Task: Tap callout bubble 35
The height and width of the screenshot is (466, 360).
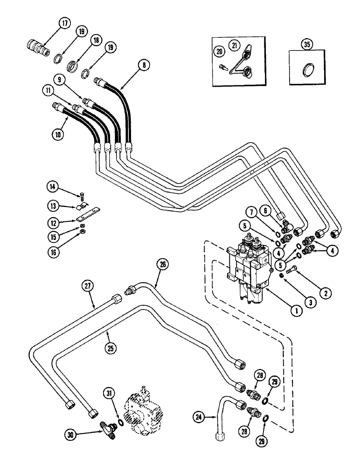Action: click(x=306, y=45)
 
